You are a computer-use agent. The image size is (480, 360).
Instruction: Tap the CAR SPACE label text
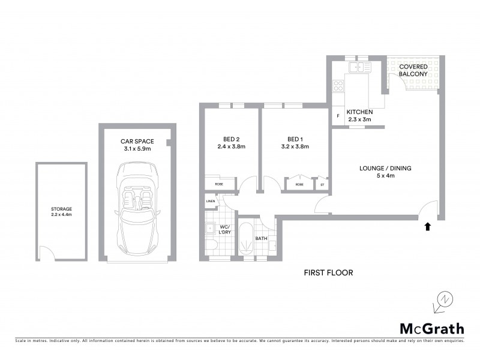point(137,142)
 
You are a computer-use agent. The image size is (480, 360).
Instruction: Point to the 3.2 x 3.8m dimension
point(295,146)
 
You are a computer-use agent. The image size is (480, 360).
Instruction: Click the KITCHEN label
point(360,112)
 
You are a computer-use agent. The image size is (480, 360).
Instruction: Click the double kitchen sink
point(360,67)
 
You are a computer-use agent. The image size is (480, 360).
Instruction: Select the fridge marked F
point(338,115)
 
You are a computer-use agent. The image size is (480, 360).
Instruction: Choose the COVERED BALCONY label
point(414,70)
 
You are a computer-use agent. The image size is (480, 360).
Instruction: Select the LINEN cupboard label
point(210,202)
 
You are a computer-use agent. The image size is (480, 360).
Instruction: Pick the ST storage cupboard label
point(322,185)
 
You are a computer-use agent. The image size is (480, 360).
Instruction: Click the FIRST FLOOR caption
point(328,272)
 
